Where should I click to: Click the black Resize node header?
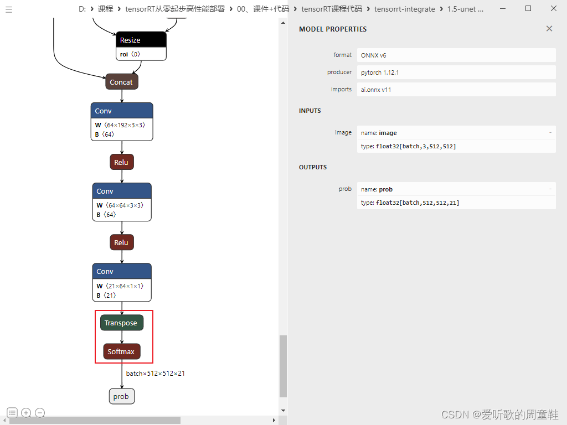coord(141,40)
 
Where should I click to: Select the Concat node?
coord(121,82)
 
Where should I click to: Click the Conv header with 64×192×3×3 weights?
coord(122,111)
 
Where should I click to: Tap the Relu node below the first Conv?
coord(121,162)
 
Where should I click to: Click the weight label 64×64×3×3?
coord(123,205)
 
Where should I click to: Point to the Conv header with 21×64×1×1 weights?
coord(122,271)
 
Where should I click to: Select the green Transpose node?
coord(121,323)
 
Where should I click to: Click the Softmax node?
coord(121,351)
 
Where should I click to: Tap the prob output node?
coord(121,396)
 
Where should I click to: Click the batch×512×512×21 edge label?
coord(155,374)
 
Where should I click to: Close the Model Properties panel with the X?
coord(549,29)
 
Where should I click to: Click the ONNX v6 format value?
coord(374,55)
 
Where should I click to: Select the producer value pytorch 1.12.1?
coord(380,72)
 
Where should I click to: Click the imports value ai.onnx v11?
coord(376,90)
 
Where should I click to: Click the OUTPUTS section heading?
coord(313,167)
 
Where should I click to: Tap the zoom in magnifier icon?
coord(26,413)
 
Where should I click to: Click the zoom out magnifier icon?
coord(39,413)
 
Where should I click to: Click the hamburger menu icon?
coord(8,9)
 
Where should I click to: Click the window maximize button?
coord(528,8)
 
